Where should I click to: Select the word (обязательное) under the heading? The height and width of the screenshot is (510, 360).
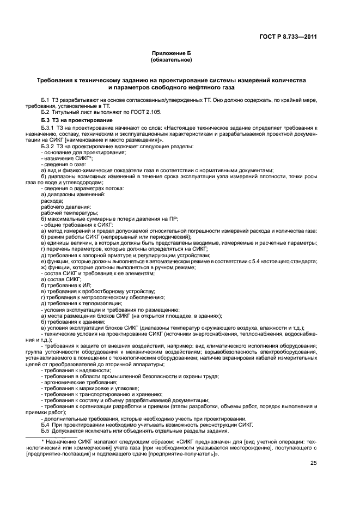pos(172,59)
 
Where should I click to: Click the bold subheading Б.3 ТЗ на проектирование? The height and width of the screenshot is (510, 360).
pos(77,120)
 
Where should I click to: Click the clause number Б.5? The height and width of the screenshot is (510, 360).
pos(46,430)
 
